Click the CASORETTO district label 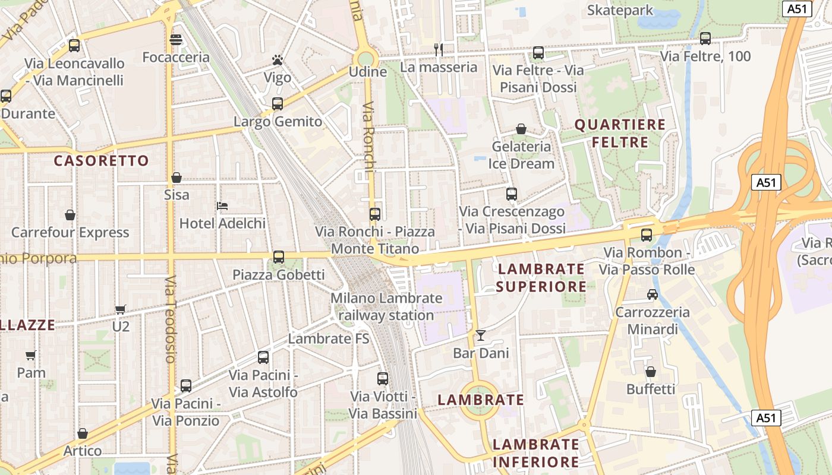pos(101,161)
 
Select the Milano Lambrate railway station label pos(386,306)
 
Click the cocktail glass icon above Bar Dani pos(481,335)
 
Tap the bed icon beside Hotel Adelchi pos(223,206)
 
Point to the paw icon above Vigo pos(278,60)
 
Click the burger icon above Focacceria pos(176,40)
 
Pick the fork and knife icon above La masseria pos(439,50)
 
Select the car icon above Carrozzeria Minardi pos(653,294)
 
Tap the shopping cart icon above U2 pos(121,309)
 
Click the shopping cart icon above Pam pos(31,355)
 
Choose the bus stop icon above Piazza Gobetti pos(278,257)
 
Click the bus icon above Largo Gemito pos(278,104)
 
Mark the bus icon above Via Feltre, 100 pos(705,39)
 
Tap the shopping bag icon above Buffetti pos(651,372)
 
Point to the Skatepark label pos(620,10)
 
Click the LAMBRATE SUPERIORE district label pos(541,278)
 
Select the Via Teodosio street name pos(171,319)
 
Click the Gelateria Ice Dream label pos(521,154)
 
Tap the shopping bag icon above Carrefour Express pos(70,214)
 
